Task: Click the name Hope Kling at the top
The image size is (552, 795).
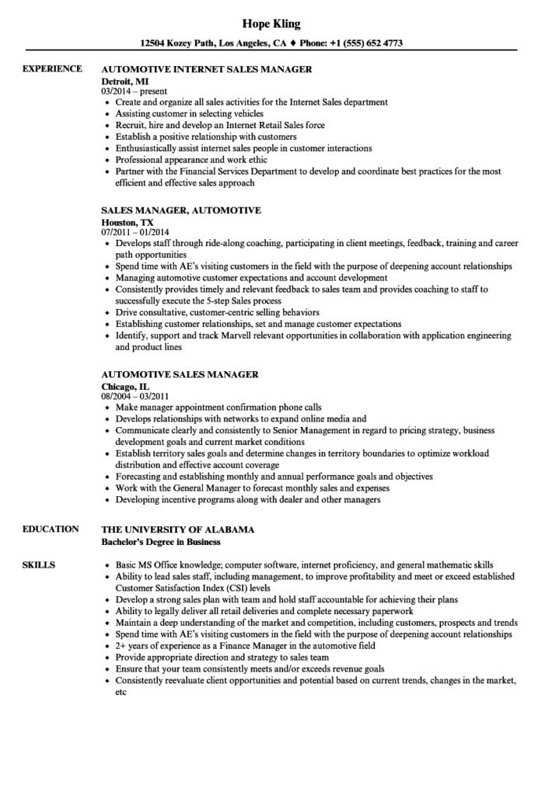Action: coord(276,23)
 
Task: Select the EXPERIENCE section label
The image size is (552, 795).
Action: coord(52,69)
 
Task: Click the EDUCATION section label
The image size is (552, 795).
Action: coord(51,529)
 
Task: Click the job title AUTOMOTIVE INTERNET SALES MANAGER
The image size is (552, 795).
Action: coord(207,69)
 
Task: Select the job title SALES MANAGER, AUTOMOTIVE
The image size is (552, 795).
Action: coord(181,210)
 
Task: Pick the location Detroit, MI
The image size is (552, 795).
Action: coord(125,80)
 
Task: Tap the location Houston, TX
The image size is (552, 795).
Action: coord(127,220)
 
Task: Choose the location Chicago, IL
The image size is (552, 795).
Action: coord(125,385)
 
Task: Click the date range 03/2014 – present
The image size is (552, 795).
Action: coord(135,91)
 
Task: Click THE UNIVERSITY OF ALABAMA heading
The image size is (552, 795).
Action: coord(177,529)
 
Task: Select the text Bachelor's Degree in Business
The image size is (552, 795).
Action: coord(161,541)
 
